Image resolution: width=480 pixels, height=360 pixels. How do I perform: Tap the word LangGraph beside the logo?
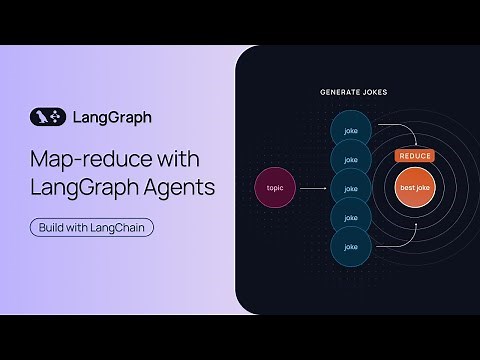pyautogui.click(x=112, y=117)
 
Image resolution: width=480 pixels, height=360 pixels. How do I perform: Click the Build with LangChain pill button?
pyautogui.click(x=92, y=226)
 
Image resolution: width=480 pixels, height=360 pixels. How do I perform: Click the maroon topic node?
pyautogui.click(x=276, y=187)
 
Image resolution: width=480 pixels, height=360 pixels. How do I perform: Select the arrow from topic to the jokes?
pyautogui.click(x=315, y=187)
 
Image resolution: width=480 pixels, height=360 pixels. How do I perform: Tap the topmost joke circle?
pyautogui.click(x=350, y=130)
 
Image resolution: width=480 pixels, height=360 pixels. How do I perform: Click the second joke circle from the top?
pyautogui.click(x=350, y=158)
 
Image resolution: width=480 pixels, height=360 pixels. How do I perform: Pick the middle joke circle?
pyautogui.click(x=350, y=187)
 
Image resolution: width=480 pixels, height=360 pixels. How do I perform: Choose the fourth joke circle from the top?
pyautogui.click(x=350, y=216)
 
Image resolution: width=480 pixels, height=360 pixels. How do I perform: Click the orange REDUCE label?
pyautogui.click(x=414, y=157)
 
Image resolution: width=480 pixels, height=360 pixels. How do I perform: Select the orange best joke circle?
pyautogui.click(x=414, y=189)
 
